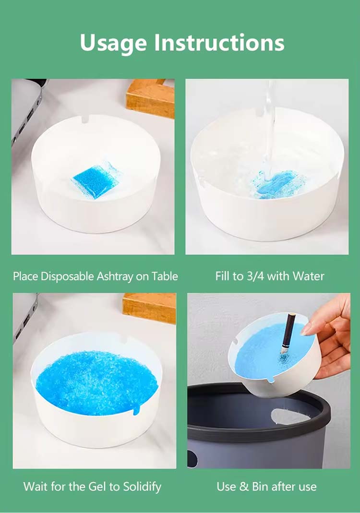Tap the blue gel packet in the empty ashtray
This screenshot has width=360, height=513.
pos(95,180)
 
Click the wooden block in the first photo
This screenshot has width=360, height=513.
pos(150,98)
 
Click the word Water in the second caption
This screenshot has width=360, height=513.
pos(308,276)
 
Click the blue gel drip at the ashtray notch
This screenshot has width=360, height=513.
pos(137,409)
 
